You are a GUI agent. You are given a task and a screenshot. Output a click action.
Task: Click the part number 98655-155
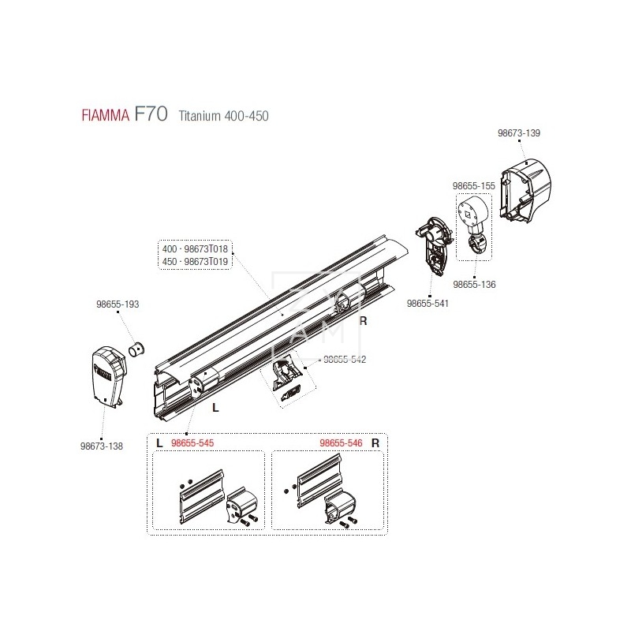click(473, 185)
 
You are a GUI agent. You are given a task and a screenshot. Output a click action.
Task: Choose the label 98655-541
click(428, 302)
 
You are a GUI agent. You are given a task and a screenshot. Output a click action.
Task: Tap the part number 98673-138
click(102, 446)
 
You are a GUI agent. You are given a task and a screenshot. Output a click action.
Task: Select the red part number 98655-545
click(192, 443)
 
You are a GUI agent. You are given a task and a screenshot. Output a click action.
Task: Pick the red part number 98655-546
click(342, 443)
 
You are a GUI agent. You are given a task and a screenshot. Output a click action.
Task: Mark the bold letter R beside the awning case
click(364, 321)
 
